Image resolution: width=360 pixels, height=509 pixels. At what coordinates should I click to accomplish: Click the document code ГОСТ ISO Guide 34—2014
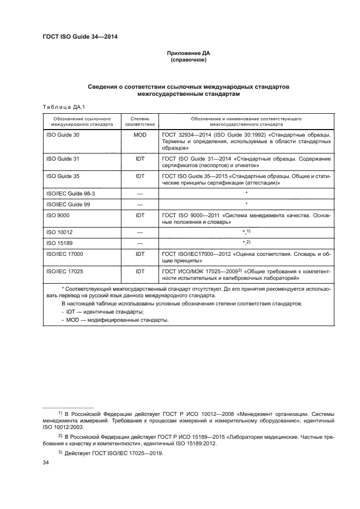[80, 37]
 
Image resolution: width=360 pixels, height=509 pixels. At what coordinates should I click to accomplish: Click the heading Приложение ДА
[187, 54]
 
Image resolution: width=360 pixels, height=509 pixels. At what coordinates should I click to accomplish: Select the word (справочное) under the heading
[187, 60]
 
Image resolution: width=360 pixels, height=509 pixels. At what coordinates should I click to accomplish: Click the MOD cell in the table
[139, 134]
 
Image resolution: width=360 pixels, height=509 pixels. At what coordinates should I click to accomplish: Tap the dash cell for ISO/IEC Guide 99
[139, 204]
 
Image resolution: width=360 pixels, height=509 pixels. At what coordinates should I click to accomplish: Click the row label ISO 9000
[58, 215]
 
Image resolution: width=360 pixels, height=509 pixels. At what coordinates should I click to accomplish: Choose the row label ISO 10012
[59, 232]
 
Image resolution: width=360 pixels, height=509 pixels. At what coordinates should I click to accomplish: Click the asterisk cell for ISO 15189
[246, 242]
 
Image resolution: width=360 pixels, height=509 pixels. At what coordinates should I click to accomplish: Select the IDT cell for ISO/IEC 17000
[139, 253]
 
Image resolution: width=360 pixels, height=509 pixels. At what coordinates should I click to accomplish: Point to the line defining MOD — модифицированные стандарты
[114, 320]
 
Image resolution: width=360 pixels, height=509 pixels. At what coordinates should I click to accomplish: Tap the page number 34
[46, 463]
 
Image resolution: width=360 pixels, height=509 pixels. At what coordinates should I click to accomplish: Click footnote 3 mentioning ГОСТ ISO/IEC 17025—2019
[114, 453]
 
